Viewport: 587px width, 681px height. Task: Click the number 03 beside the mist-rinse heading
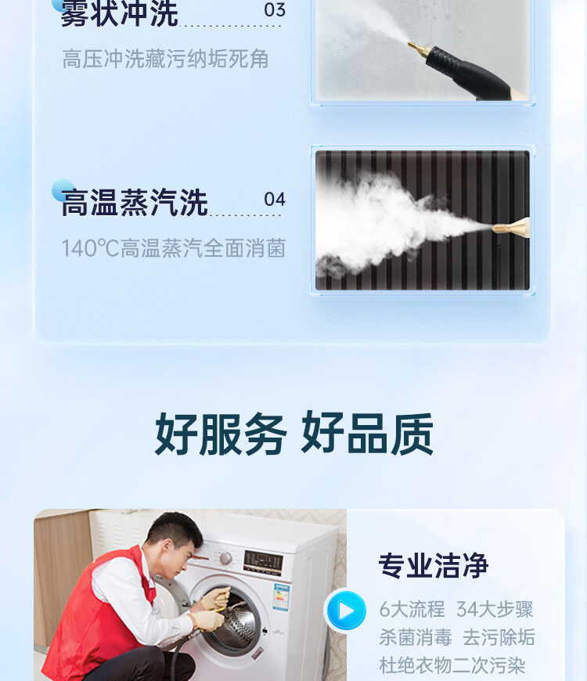275,9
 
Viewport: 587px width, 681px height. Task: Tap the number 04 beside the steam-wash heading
275,200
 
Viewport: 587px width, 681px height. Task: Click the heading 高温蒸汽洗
134,203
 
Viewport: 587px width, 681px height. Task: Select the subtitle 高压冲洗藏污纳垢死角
165,59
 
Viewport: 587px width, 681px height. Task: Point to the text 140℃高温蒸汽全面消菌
174,248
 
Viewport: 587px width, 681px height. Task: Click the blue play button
346,611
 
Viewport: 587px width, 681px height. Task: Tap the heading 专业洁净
434,565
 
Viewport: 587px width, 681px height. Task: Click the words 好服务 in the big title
221,434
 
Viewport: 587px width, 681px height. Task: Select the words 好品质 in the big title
367,434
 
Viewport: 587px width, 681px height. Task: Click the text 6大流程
412,609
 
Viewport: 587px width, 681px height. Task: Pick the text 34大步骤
495,609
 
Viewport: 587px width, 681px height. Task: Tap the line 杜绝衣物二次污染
452,665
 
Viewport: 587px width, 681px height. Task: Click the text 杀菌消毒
416,638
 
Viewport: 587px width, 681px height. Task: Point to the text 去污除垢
499,638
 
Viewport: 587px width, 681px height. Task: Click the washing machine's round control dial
225,557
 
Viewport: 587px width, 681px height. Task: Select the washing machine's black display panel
264,563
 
